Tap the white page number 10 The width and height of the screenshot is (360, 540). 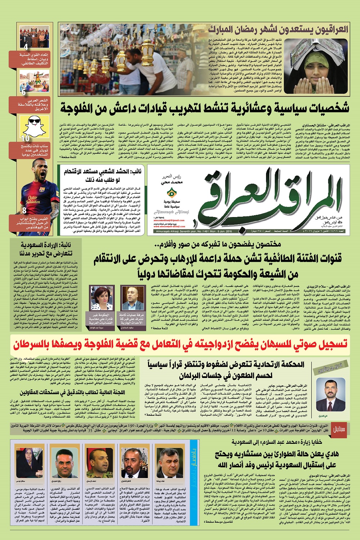25,138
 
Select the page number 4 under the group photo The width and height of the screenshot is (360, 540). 26,47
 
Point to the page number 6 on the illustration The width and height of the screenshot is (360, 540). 24,93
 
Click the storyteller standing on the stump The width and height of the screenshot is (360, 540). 44,80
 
